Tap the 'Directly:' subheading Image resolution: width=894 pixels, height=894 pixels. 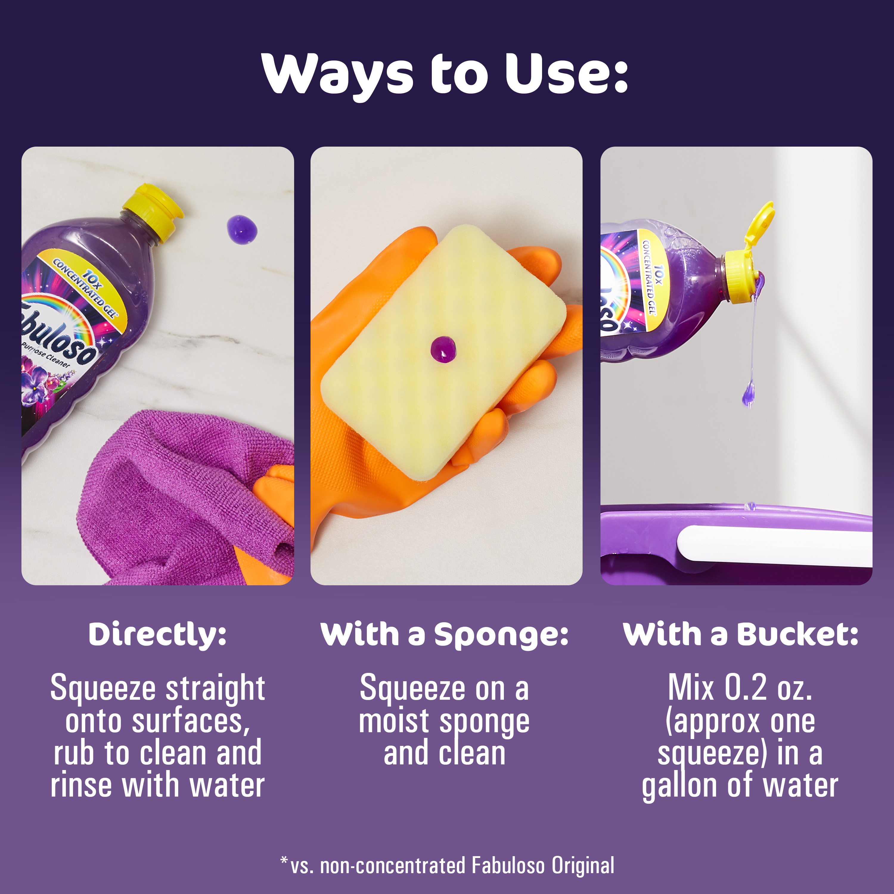coord(157,635)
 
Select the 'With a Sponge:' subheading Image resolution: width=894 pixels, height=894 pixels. coord(444,635)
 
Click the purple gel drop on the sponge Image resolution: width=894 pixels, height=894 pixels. coord(443,349)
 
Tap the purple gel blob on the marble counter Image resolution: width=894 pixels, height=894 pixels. coord(242,229)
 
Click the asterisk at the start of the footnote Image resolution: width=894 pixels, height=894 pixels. coord(284,860)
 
